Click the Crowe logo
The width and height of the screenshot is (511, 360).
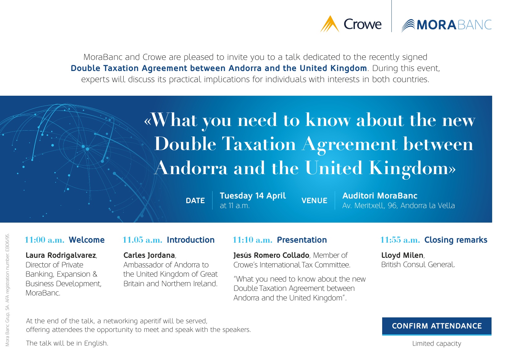point(351,24)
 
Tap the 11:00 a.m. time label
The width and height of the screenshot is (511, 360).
point(44,240)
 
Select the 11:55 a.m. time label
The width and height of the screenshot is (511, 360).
point(400,240)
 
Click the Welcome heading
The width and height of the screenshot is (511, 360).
point(87,240)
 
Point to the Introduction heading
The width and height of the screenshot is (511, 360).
point(191,240)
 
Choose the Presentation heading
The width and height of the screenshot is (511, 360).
point(302,240)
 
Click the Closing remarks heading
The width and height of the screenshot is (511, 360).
point(456,240)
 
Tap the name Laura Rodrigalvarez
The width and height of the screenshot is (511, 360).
point(61,255)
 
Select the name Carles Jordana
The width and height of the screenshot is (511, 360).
point(149,255)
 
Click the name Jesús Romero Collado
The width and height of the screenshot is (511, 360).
point(271,255)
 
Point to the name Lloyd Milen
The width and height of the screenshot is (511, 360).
point(402,255)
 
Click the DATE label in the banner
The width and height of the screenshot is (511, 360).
point(195,201)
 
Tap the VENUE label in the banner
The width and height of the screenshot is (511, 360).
point(314,201)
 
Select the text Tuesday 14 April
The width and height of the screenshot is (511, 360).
point(253,196)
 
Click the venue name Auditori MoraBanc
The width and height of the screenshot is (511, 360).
point(380,196)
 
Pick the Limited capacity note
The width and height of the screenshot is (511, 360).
point(437,344)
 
